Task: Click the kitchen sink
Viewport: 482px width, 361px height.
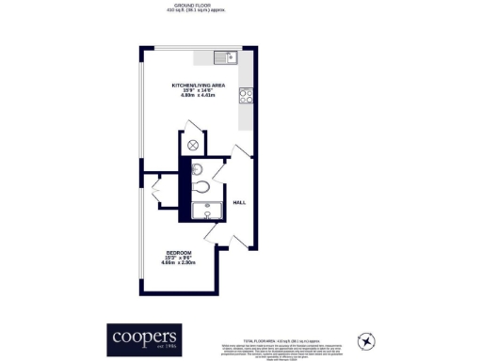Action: point(226,55)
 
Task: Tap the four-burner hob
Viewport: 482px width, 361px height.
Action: point(246,94)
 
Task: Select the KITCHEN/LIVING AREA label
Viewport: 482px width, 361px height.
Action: point(198,85)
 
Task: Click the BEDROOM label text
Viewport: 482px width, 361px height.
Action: point(179,253)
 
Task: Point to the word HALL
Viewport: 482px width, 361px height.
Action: point(239,199)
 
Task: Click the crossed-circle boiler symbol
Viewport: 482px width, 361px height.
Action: point(193,144)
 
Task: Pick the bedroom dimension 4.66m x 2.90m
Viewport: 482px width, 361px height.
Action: point(179,264)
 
